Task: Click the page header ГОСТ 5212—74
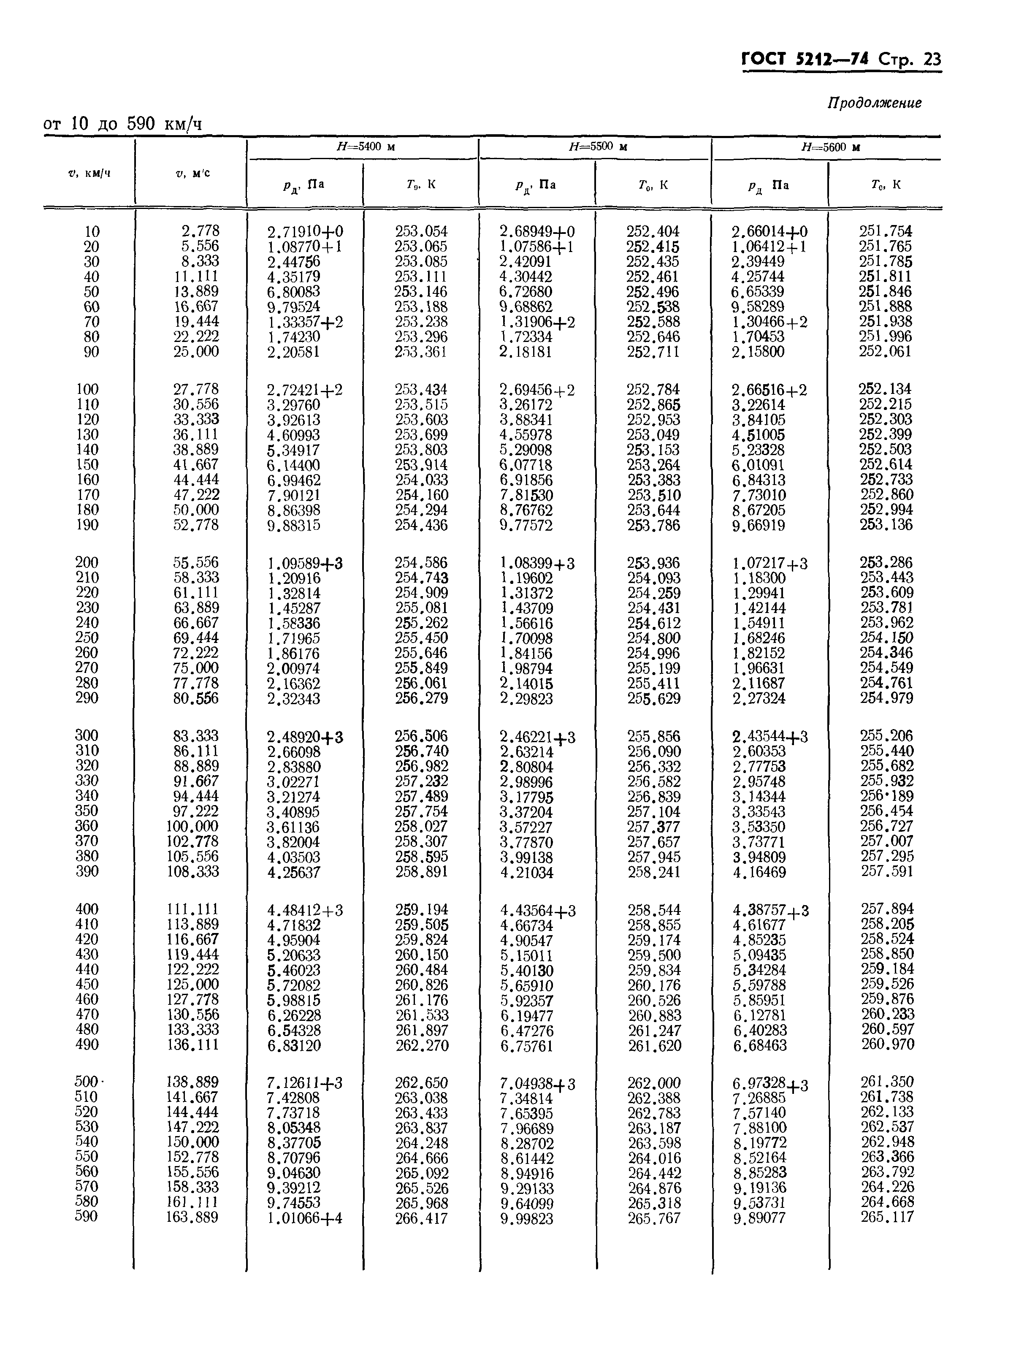[806, 59]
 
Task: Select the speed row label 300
[87, 735]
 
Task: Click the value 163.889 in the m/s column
[192, 1217]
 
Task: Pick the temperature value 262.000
[654, 1083]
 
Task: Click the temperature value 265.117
[887, 1217]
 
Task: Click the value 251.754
[886, 231]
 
